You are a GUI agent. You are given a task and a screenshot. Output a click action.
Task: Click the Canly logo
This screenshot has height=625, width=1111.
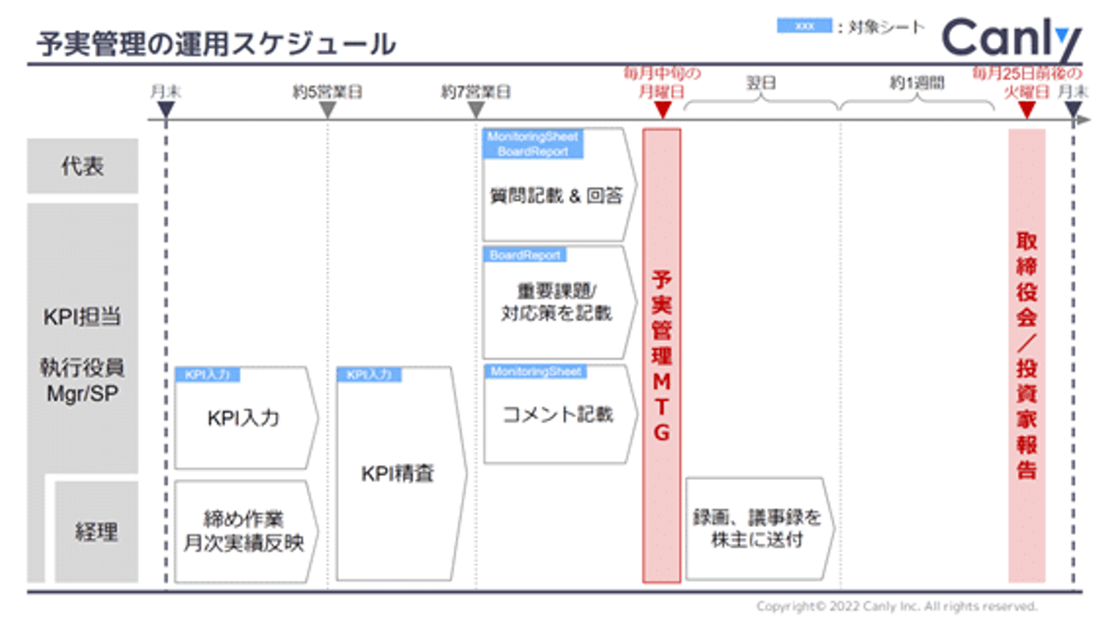pyautogui.click(x=1011, y=39)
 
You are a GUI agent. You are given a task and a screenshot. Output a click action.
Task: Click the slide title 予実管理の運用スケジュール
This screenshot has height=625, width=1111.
pyautogui.click(x=216, y=44)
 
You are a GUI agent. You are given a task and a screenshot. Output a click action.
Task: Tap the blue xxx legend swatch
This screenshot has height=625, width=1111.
pyautogui.click(x=803, y=26)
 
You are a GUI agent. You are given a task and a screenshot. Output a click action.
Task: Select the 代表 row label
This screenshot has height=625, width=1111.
pyautogui.click(x=83, y=166)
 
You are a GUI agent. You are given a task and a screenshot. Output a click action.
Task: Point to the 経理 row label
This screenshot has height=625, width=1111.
pyautogui.click(x=96, y=532)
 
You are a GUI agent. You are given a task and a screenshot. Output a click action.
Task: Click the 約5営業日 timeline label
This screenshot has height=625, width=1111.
pyautogui.click(x=327, y=93)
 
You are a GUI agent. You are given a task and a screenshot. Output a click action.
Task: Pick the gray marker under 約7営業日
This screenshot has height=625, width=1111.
pyautogui.click(x=476, y=110)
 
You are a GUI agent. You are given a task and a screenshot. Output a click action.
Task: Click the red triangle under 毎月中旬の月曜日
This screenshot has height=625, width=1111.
pyautogui.click(x=662, y=110)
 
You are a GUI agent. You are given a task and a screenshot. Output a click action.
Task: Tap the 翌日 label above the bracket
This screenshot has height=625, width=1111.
pyautogui.click(x=761, y=83)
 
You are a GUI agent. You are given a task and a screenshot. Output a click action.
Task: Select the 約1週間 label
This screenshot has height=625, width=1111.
pyautogui.click(x=917, y=83)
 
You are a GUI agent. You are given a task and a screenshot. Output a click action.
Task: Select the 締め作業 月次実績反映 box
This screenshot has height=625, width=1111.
pyautogui.click(x=244, y=531)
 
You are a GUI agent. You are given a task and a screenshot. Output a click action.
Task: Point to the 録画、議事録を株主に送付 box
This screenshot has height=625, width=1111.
pyautogui.click(x=757, y=529)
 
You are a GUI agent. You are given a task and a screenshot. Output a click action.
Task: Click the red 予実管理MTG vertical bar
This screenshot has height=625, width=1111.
pyautogui.click(x=661, y=355)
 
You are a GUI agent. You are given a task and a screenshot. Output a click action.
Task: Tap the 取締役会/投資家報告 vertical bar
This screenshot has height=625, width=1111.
pyautogui.click(x=1026, y=355)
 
